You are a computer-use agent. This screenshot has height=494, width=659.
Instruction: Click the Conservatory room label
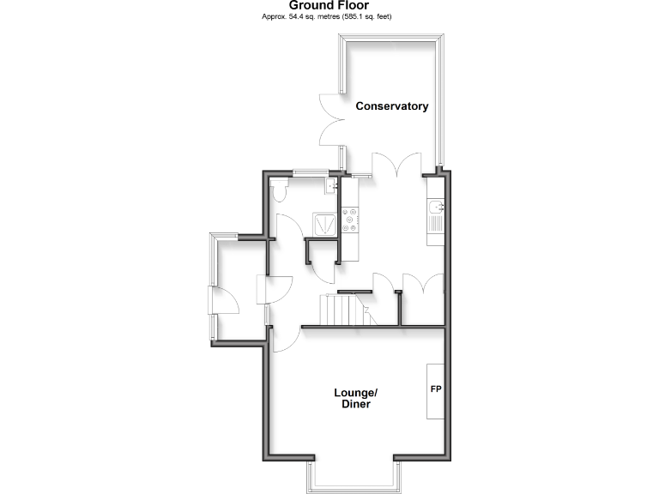[392, 106]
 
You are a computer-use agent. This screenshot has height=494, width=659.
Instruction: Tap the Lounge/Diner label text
[355, 398]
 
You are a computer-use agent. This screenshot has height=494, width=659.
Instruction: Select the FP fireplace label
[436, 389]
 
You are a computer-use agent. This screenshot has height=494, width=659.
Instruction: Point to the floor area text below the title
[329, 16]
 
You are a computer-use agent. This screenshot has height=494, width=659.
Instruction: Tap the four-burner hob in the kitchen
[350, 220]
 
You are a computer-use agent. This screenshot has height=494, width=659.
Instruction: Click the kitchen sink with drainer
[436, 212]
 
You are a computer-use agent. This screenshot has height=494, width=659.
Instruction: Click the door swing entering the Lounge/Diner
[285, 338]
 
